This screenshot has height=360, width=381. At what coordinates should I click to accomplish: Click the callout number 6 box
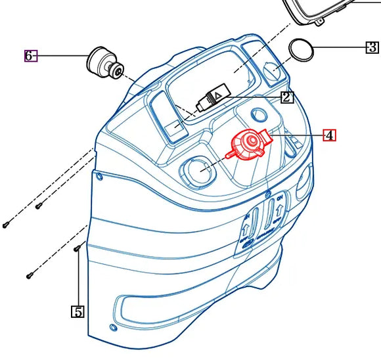coord(30,56)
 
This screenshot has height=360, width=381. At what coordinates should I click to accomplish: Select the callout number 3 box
coord(372,47)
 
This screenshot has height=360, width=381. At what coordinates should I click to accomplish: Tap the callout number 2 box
coord(286,98)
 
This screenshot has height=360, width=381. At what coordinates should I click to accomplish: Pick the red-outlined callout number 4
coord(329,135)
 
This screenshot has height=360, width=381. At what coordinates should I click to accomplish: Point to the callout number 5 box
coord(78,311)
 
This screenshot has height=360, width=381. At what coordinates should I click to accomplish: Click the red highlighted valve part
coord(248,144)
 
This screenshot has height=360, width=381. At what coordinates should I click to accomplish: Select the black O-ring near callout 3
coord(302,50)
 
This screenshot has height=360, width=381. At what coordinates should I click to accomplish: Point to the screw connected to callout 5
coord(78,248)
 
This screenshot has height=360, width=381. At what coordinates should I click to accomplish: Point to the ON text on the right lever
coord(280,198)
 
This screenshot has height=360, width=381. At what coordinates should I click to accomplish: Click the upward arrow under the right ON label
coord(279,212)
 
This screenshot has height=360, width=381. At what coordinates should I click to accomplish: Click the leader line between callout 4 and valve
coord(296,135)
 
